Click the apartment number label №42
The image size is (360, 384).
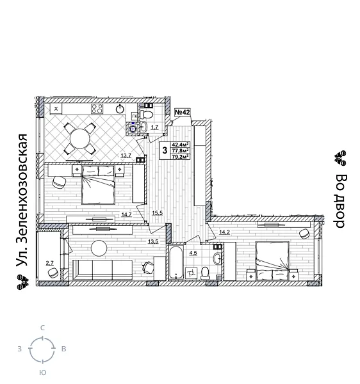click(183, 113)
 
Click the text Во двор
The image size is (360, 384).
click(341, 200)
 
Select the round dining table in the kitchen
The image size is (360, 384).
click(80, 138)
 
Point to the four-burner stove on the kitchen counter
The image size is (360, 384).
click(97, 108)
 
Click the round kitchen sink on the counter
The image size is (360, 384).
click(120, 109)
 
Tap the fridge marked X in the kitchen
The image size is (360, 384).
click(56, 109)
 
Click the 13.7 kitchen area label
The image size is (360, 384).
click(126, 156)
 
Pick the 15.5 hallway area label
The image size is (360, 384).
click(157, 213)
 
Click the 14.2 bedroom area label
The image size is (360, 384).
click(224, 232)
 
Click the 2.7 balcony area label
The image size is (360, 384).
click(50, 263)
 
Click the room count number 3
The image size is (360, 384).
click(165, 151)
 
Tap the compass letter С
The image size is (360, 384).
click(42, 328)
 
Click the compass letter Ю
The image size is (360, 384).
click(42, 372)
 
